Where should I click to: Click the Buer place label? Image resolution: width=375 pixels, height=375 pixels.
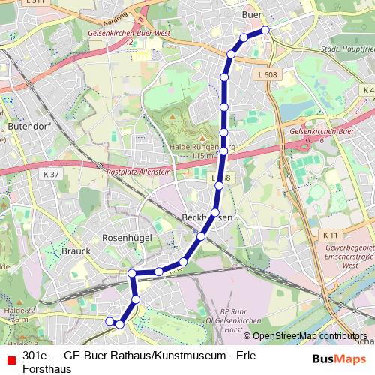(x=252, y=14)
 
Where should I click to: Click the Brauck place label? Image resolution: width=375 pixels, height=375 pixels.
(x=76, y=250)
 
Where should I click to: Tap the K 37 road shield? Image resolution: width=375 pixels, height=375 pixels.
(x=51, y=175)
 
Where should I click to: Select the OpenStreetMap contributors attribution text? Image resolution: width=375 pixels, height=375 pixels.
(x=309, y=336)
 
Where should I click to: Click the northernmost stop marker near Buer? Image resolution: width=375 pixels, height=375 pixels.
(x=265, y=30)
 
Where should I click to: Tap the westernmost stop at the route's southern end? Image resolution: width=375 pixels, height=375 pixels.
(x=109, y=322)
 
